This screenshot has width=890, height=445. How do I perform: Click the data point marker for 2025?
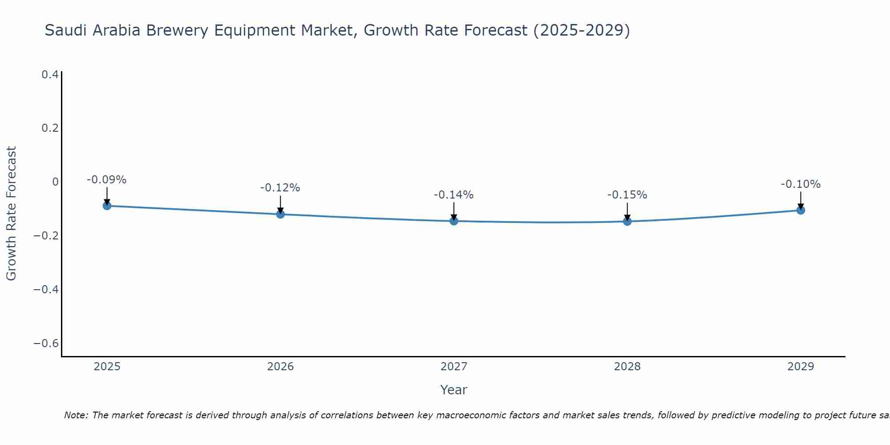(107, 206)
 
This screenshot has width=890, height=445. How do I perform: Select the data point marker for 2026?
(280, 214)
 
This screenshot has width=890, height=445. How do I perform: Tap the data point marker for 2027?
(454, 221)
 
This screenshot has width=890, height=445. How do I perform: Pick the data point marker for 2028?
(627, 221)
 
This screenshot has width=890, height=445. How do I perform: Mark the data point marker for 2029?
(801, 210)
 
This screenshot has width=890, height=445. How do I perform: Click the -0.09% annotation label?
(106, 180)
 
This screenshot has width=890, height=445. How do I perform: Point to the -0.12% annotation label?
(280, 188)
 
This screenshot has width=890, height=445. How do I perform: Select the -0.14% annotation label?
(453, 195)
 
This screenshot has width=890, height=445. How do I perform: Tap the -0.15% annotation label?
(627, 195)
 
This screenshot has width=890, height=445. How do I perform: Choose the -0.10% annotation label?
(801, 184)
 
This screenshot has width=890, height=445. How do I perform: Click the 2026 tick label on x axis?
(280, 367)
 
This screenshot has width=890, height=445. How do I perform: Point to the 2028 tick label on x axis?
(627, 367)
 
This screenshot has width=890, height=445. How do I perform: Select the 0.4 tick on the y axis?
(50, 75)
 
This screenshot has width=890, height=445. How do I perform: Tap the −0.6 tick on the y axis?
(46, 344)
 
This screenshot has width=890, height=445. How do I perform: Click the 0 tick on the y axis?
(55, 182)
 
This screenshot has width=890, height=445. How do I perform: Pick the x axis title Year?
(453, 390)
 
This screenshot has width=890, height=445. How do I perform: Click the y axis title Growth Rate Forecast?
(11, 214)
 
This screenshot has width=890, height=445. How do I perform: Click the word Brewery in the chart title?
(177, 30)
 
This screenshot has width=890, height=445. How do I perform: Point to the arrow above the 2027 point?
(454, 210)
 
